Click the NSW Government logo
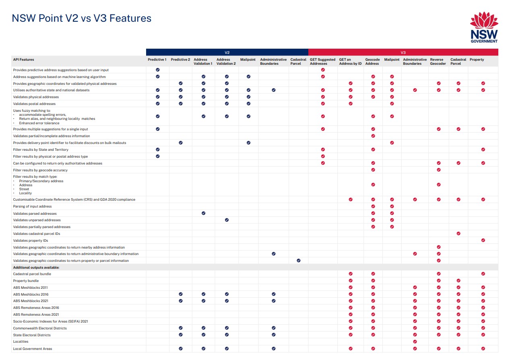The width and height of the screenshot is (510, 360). tap(484, 27)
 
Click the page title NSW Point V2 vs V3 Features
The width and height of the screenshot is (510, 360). tap(82, 18)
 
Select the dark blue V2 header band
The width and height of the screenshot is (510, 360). tap(227, 52)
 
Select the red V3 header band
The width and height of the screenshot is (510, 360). tap(403, 52)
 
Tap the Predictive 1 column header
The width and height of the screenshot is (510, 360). tap(157, 60)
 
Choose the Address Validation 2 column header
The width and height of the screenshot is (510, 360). tap(226, 62)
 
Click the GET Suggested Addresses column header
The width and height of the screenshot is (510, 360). tap(322, 62)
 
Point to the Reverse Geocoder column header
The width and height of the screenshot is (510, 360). tap(438, 62)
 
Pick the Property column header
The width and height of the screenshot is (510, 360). tap(477, 60)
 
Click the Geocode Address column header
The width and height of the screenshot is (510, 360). tap(372, 62)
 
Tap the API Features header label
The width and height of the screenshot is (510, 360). tap(23, 60)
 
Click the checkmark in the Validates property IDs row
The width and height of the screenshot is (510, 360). tap(483, 240)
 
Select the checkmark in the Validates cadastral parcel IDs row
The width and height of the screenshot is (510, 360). tap(458, 233)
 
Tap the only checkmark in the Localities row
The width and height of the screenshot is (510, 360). tap(415, 341)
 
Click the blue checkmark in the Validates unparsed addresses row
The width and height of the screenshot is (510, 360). tap(227, 220)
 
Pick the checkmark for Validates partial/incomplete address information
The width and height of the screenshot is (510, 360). tap(373, 136)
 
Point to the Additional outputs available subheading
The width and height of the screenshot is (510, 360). tap(36, 267)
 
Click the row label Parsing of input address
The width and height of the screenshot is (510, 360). tap(32, 206)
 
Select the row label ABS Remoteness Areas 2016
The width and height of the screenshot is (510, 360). tap(36, 308)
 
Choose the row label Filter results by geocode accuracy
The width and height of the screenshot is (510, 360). tap(40, 170)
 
